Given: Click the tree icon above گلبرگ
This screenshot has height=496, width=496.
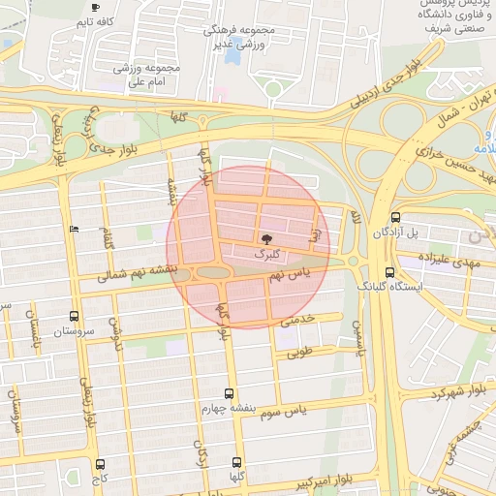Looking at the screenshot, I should [x=266, y=237].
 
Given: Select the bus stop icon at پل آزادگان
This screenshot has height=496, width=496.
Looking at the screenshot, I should [x=394, y=218].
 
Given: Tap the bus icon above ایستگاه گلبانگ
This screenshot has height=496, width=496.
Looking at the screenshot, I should [x=389, y=272].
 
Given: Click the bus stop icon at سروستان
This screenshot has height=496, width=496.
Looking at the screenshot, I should [x=75, y=316].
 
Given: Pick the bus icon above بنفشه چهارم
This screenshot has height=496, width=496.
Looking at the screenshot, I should [x=229, y=393].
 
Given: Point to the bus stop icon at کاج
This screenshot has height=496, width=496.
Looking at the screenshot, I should [x=102, y=464].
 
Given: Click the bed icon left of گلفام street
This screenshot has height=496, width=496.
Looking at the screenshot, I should [x=76, y=229].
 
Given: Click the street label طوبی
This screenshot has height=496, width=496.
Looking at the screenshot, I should [x=299, y=352].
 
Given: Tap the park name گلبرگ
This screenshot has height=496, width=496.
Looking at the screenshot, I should [x=264, y=253].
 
